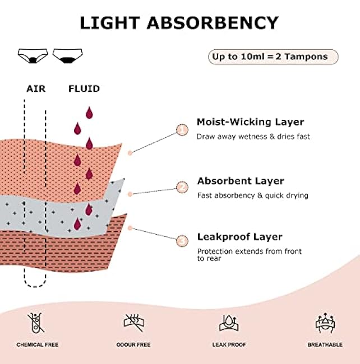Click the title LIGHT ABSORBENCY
[179, 22]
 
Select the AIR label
[36, 88]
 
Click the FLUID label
[84, 88]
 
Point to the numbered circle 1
[182, 130]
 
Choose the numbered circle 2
[182, 187]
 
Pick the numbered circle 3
[182, 241]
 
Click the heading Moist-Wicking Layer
[250, 122]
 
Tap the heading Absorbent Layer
[241, 181]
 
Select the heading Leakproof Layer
[239, 236]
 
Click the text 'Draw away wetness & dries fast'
[253, 136]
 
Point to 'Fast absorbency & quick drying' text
[252, 195]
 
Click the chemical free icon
[36, 323]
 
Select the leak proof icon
[227, 323]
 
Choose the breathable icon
[325, 323]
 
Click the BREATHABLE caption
[325, 345]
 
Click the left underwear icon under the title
[33, 55]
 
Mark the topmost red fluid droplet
[89, 113]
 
